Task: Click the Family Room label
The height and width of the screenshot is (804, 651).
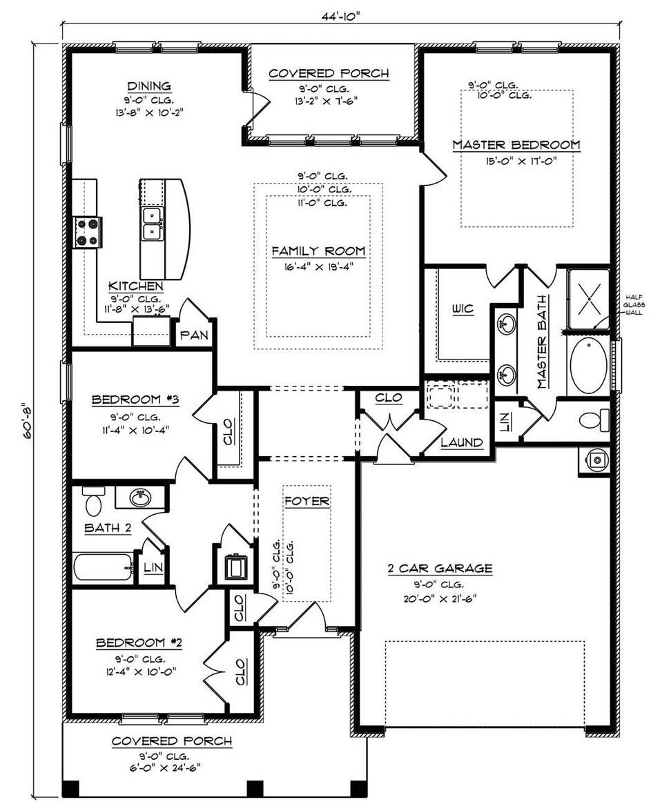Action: pos(318,251)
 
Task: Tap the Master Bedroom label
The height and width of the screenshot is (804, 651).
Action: pos(516,145)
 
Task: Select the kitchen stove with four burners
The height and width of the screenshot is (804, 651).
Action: pos(88,232)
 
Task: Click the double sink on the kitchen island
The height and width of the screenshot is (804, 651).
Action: pos(152,224)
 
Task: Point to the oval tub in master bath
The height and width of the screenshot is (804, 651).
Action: pos(588,365)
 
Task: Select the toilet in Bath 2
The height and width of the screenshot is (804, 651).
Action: pos(93,502)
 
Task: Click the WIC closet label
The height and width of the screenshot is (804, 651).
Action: pos(463,308)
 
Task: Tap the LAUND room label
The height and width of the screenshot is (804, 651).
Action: pos(462,442)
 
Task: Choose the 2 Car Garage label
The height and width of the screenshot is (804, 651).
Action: pos(440,569)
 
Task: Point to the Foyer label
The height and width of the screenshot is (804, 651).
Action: pos(307,501)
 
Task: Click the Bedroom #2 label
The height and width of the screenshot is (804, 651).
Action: pos(138,643)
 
